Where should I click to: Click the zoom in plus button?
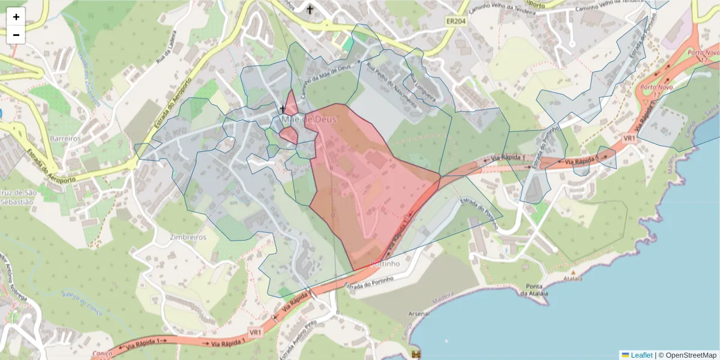click(x=16, y=17)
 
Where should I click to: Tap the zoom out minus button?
click(x=16, y=35)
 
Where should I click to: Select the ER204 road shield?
click(x=456, y=21)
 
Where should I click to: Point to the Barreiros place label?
click(x=66, y=138)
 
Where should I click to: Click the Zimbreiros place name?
click(x=187, y=237)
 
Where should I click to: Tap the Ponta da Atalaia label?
click(x=534, y=289)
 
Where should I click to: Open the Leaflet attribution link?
click(x=641, y=355)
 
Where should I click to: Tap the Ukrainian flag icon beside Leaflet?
click(x=625, y=355)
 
